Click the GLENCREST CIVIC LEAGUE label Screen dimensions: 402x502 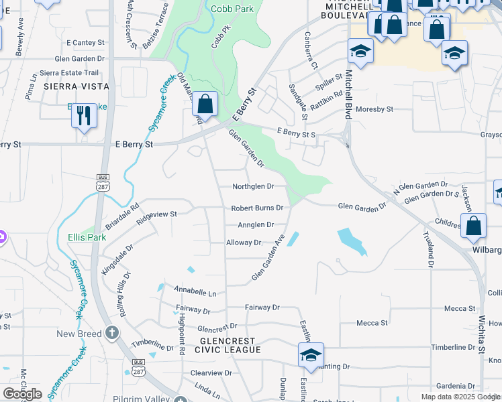coord(227,345)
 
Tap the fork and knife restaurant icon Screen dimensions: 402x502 coord(85,115)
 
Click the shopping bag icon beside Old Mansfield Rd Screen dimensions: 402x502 coord(205,104)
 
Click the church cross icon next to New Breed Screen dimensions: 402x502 coord(112,333)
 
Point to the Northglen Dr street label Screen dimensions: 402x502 coord(253,186)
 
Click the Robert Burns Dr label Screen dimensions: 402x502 coord(257,208)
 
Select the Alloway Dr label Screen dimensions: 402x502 coord(244,243)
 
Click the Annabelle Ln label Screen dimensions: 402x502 coord(195,293)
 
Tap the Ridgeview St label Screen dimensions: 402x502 coord(156,215)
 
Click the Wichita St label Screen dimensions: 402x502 coord(481,334)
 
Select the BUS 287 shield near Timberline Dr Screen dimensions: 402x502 coord(138,370)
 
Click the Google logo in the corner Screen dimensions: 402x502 coord(22,394)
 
